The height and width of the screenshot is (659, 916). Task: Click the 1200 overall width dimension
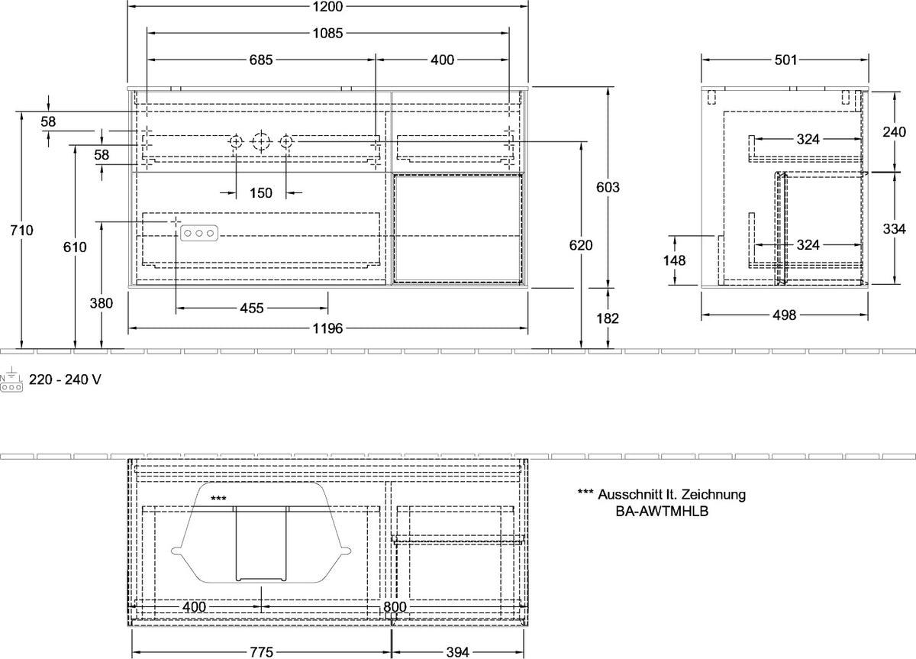[x=327, y=7]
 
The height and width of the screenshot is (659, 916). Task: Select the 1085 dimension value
[x=327, y=33]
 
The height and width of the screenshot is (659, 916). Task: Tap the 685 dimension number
[x=261, y=60]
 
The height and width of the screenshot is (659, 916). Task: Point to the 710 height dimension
[x=21, y=231]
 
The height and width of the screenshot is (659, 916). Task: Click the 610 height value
[x=75, y=247]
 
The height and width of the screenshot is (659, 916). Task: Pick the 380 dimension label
[x=102, y=303]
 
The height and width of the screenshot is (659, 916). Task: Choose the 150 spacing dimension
[x=261, y=192]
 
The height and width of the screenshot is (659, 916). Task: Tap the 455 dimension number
[x=251, y=308]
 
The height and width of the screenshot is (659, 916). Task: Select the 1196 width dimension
[x=327, y=328]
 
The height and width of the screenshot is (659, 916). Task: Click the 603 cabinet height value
[x=608, y=187]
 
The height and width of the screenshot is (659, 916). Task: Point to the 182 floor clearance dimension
[x=608, y=318]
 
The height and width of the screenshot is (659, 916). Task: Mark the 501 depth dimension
[x=785, y=60]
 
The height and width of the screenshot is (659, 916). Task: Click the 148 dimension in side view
[x=674, y=260]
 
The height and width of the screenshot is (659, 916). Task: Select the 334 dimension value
[x=895, y=228]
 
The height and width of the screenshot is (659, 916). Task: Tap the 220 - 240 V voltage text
[x=65, y=380]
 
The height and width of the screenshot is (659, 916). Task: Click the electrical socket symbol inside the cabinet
[x=199, y=233]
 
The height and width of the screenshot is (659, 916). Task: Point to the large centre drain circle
[x=261, y=142]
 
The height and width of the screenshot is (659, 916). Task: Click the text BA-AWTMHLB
[x=662, y=512]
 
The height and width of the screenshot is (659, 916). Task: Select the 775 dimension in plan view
[x=261, y=652]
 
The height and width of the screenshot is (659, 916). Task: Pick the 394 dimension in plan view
[x=457, y=652]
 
